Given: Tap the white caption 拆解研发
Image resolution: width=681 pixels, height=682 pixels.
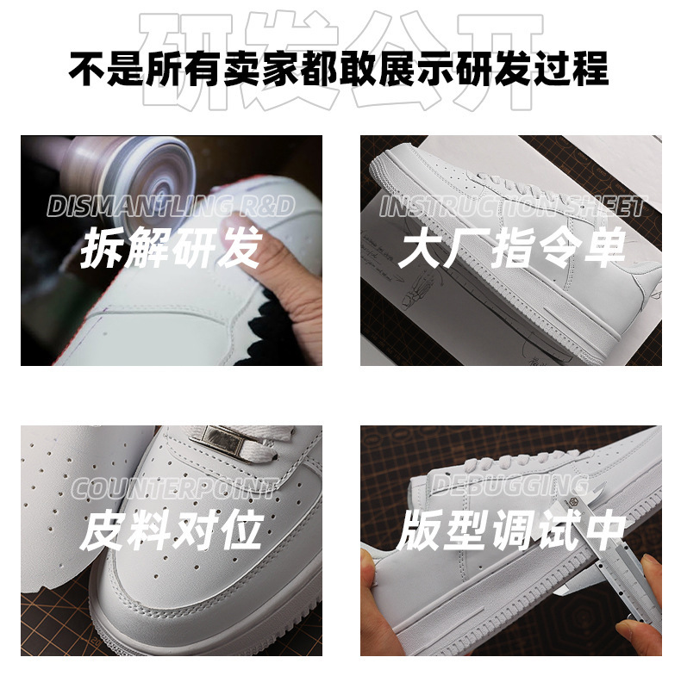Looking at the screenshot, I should [171, 249].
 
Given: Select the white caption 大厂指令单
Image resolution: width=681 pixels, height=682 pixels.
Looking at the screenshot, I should [510, 249].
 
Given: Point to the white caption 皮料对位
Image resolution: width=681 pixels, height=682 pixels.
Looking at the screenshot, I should [171, 531].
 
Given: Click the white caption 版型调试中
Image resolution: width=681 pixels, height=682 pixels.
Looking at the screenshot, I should [510, 531].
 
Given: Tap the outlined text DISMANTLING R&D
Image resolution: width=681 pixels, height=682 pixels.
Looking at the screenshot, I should [171, 207].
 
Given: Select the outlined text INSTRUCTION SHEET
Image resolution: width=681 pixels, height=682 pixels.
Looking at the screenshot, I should [510, 207].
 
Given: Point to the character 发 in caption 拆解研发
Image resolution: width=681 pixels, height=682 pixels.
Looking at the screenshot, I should [238, 249].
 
